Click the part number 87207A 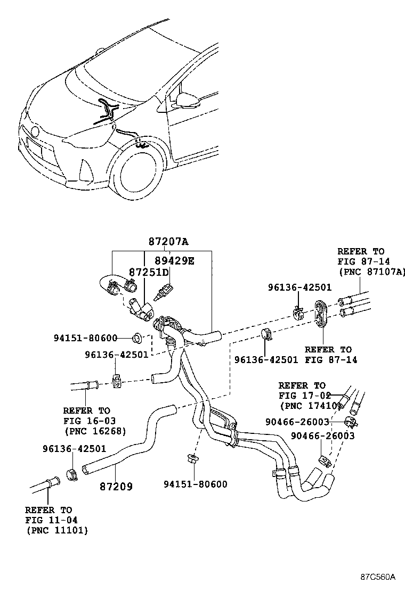pyautogui.click(x=168, y=242)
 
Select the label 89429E pyautogui.click(x=175, y=260)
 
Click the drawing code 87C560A pyautogui.click(x=377, y=577)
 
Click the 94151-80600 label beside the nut pyautogui.click(x=85, y=338)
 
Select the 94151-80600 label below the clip pyautogui.click(x=195, y=484)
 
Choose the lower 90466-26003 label pyautogui.click(x=322, y=436)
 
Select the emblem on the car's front pyautogui.click(x=35, y=130)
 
